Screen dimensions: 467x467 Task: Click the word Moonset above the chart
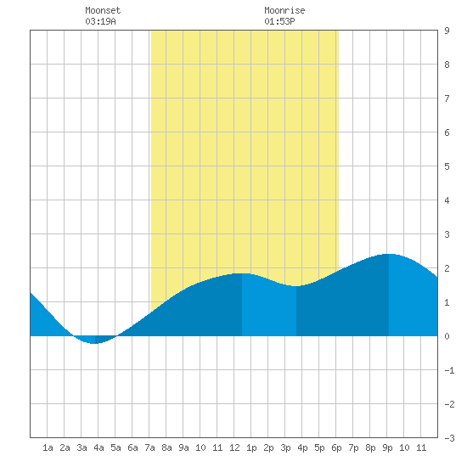pyautogui.click(x=103, y=10)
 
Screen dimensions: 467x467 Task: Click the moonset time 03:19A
pyautogui.click(x=100, y=21)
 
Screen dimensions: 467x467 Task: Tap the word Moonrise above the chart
pyautogui.click(x=284, y=10)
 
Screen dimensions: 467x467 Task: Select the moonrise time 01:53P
pyautogui.click(x=279, y=21)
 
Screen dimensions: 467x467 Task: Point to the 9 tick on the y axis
pyautogui.click(x=447, y=31)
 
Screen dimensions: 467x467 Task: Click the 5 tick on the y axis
pyautogui.click(x=447, y=166)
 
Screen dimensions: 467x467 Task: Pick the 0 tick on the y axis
pyautogui.click(x=447, y=336)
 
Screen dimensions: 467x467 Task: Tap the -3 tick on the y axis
pyautogui.click(x=449, y=438)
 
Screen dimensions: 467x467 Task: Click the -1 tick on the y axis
pyautogui.click(x=449, y=370)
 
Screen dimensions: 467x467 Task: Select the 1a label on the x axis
pyautogui.click(x=48, y=447)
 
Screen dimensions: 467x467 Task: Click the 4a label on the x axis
pyautogui.click(x=98, y=447)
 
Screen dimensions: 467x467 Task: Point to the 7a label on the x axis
pyautogui.click(x=149, y=447)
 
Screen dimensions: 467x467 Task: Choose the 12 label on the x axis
pyautogui.click(x=234, y=447)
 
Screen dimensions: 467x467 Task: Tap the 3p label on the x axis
pyautogui.click(x=285, y=447)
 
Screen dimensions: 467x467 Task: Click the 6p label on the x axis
pyautogui.click(x=336, y=447)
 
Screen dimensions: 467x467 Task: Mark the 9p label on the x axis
pyautogui.click(x=387, y=447)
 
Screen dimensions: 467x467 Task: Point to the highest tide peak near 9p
pyautogui.click(x=389, y=255)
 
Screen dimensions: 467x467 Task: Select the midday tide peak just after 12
pyautogui.click(x=242, y=273)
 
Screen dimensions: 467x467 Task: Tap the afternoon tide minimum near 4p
pyautogui.click(x=296, y=286)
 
